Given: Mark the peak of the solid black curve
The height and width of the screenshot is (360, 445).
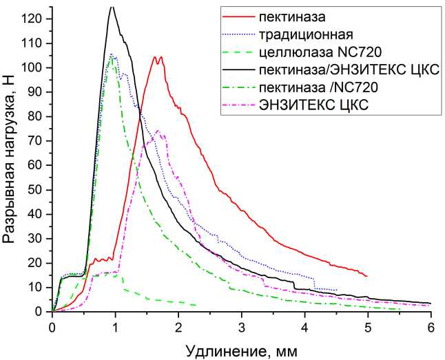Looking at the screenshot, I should click(x=112, y=6).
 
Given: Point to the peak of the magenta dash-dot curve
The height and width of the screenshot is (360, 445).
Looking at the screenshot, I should click(x=158, y=130).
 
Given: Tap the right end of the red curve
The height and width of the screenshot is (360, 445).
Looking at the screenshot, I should click(x=367, y=276).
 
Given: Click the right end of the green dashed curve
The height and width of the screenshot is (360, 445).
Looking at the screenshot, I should click(x=197, y=305).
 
